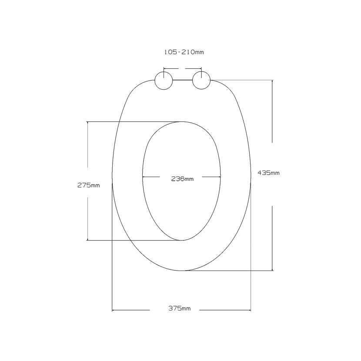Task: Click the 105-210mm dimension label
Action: pos(184,52)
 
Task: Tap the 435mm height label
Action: pos(268,173)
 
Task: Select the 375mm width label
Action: pos(179,308)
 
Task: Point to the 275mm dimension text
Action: pos(89,185)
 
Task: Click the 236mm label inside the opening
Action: pos(182,179)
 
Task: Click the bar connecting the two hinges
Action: pos(182,80)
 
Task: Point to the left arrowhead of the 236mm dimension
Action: pos(144,177)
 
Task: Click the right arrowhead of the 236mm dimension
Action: pos(219,177)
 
